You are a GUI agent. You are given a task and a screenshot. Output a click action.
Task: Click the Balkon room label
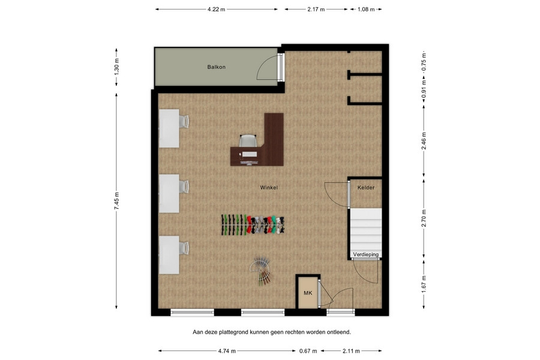point(216,67)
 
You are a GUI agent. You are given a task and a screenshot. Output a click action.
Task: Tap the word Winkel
point(269,187)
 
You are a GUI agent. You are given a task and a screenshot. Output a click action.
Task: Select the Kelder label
point(366,187)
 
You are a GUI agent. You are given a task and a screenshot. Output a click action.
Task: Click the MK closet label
point(308,293)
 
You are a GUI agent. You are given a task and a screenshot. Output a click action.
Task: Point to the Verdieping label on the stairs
point(366,254)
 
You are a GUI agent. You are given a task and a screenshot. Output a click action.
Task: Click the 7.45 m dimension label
point(116,201)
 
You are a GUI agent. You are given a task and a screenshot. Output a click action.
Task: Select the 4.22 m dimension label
point(216,10)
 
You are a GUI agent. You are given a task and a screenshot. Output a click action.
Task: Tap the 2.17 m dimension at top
point(316,10)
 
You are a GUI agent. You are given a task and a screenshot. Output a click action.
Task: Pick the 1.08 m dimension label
point(366,10)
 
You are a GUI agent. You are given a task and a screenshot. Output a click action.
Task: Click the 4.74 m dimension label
point(227,351)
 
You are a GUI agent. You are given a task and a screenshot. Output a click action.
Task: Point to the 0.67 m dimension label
point(308,351)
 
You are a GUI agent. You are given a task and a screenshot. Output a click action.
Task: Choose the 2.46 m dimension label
point(424,140)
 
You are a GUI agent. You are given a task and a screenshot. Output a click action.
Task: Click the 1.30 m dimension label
point(116,67)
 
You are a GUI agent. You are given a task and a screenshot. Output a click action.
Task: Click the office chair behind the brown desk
point(248,140)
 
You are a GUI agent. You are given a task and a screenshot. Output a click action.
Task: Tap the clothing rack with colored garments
point(253,225)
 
